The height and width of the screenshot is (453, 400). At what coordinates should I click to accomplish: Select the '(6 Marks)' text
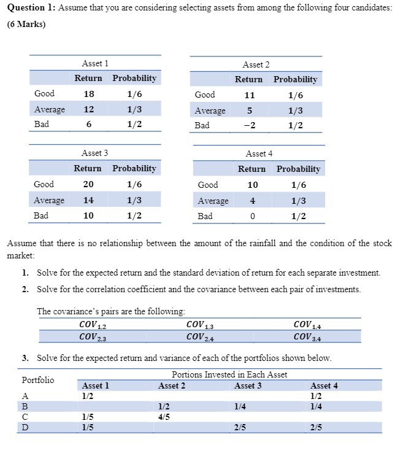click(27, 25)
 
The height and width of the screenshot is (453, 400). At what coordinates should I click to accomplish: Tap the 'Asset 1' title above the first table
click(94, 63)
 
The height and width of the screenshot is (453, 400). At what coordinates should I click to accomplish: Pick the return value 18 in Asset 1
click(88, 94)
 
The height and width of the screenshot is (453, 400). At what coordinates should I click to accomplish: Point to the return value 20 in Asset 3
click(88, 184)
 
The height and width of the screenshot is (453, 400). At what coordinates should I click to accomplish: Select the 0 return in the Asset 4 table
click(252, 216)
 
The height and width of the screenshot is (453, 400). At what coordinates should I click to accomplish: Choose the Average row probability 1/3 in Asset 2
click(295, 110)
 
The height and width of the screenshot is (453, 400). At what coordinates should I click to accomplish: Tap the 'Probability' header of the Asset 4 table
click(298, 169)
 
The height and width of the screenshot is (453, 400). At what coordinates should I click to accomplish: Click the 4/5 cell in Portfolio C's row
click(164, 417)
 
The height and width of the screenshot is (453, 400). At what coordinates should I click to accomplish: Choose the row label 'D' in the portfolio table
click(25, 427)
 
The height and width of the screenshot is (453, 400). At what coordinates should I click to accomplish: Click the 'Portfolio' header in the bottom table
click(37, 380)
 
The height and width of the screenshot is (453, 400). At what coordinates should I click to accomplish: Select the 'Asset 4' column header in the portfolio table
click(324, 385)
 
